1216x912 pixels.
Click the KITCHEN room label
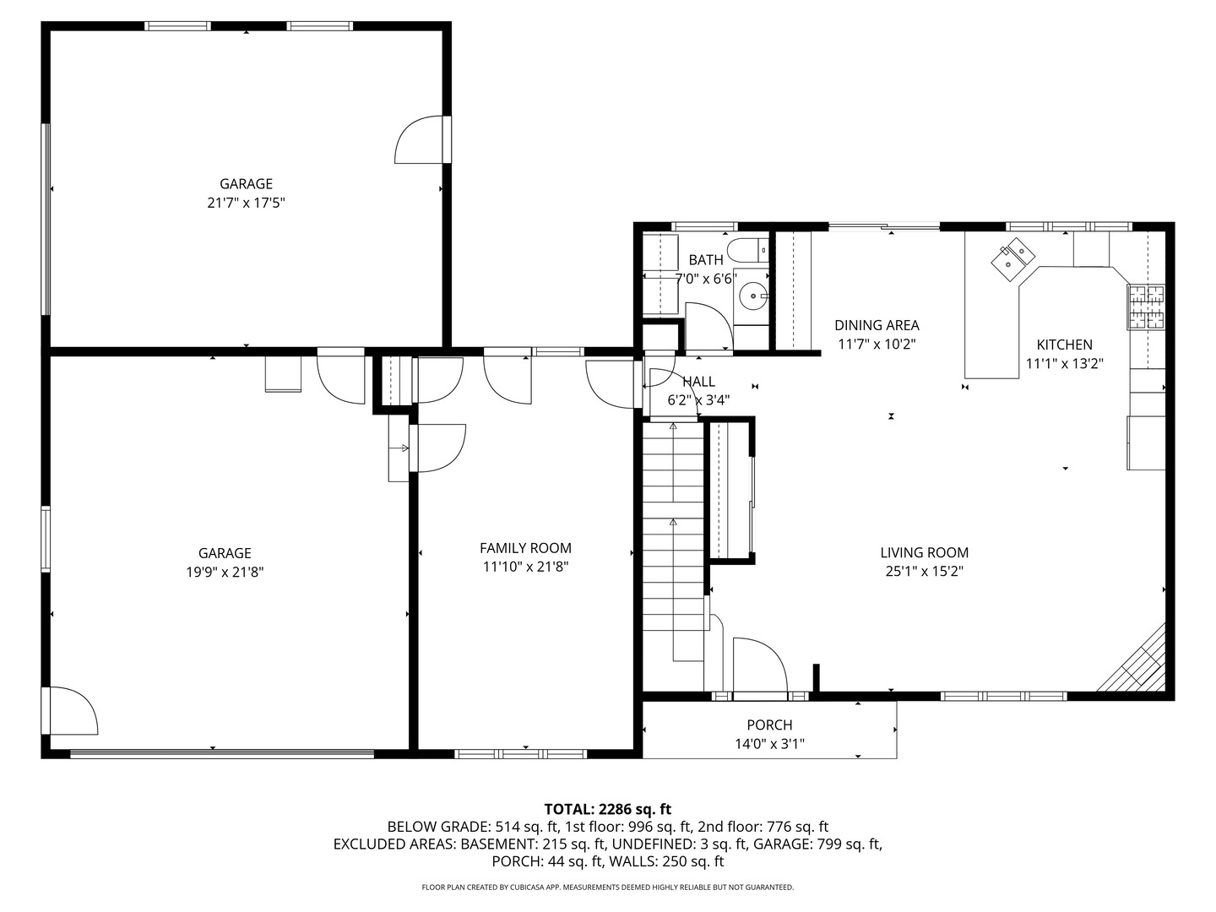[1064, 345]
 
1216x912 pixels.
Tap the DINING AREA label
[877, 325]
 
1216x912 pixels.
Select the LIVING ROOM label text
[924, 552]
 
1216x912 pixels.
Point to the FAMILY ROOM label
[525, 548]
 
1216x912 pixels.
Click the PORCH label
[769, 725]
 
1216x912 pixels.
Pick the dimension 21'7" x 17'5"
[246, 203]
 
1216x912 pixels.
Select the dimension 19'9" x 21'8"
[225, 572]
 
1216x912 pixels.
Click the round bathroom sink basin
[751, 296]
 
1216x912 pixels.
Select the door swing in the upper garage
[420, 140]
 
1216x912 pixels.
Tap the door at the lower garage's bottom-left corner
[72, 711]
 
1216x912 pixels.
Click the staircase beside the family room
[673, 540]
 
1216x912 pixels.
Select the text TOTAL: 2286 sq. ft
[607, 809]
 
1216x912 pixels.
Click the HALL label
[698, 382]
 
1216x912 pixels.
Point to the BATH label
[705, 260]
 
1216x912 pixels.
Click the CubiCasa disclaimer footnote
[607, 888]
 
